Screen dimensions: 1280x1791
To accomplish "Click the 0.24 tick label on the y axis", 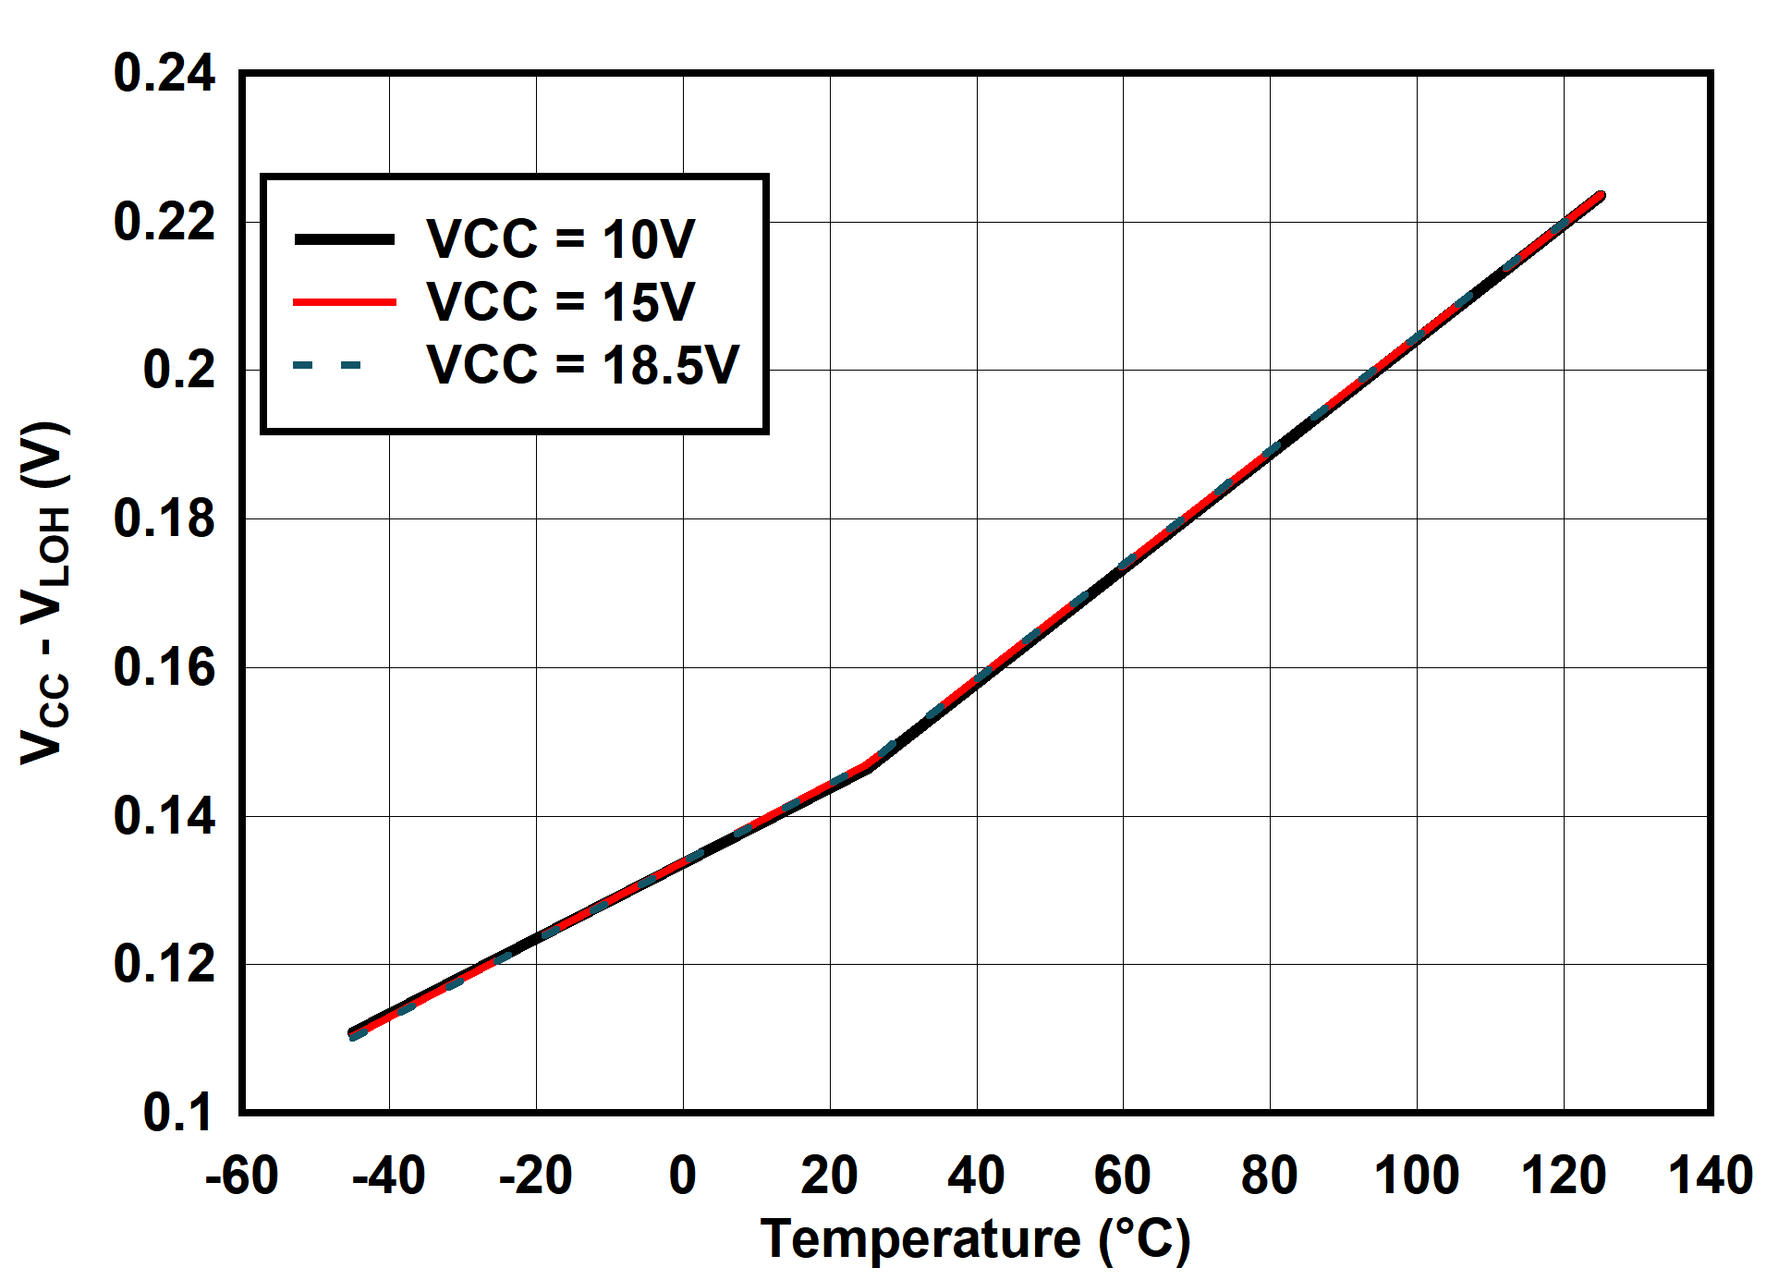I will [164, 74].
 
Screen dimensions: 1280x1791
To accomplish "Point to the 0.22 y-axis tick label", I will [164, 223].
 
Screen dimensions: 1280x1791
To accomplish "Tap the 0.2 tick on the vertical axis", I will [178, 371].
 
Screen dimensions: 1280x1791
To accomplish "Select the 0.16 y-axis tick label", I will [164, 668].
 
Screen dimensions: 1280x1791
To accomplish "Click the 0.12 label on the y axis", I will [164, 965].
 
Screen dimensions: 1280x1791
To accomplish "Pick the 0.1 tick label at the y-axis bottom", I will [178, 1113].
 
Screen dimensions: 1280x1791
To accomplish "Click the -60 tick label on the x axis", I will [241, 1176].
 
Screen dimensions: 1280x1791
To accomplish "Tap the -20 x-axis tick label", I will [535, 1176].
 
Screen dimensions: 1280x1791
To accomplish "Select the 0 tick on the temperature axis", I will [682, 1176].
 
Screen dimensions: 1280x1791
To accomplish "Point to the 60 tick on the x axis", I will [1122, 1176].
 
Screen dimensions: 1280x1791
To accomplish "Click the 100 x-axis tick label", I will [1416, 1176].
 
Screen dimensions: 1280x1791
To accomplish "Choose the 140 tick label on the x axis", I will [1710, 1176].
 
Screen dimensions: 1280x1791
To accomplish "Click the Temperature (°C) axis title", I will [975, 1239].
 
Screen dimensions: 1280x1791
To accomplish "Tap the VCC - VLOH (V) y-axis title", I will [44, 593].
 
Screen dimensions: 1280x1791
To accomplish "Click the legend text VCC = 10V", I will [560, 239].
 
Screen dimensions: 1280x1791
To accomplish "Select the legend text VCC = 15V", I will [560, 302].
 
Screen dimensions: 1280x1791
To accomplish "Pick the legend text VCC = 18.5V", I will [582, 365].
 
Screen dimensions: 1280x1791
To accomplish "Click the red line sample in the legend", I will [344, 302].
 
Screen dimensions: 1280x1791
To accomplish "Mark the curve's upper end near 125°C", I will [1600, 197].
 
